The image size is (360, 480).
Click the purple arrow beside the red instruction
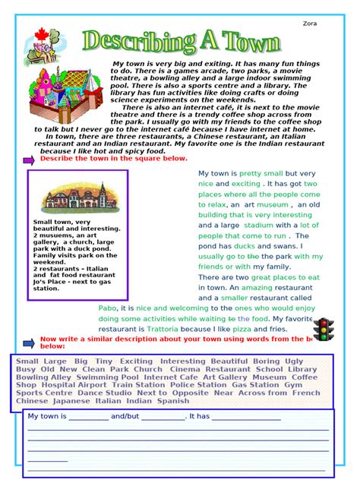pos(28,160)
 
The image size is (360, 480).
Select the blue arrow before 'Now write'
pos(28,342)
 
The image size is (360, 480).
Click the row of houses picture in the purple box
pos(76,199)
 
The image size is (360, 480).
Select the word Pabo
pos(109,308)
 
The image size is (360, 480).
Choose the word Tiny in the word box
pos(104,361)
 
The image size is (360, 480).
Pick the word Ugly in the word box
pos(294,361)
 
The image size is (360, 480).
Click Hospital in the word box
pos(58,385)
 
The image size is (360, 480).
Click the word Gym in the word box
pos(293,385)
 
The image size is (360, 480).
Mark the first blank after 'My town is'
pos(88,417)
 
